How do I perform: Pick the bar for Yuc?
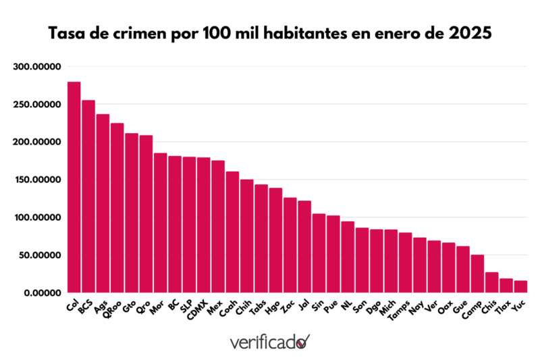520,286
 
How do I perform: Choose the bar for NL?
348,257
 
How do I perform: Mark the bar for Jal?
304,247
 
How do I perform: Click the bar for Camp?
477,274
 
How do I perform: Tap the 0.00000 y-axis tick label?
40,293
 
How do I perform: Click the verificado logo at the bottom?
269,342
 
